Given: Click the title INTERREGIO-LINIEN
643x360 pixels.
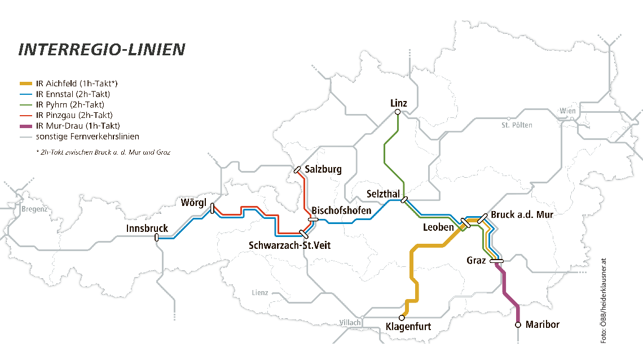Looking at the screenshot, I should (x=102, y=50).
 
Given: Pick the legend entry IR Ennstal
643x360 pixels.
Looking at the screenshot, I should (x=73, y=94).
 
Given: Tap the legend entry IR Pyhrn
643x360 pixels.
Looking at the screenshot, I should (x=70, y=105).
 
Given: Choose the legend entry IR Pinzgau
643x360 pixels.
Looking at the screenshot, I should (x=73, y=115).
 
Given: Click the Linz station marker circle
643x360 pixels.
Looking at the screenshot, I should (x=398, y=112).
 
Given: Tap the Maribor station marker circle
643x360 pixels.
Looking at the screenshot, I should (x=518, y=324).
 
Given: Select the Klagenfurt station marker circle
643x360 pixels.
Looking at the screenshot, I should (x=402, y=318).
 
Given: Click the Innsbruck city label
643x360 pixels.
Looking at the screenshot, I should (x=147, y=229).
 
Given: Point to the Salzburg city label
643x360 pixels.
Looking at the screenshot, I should (x=323, y=169).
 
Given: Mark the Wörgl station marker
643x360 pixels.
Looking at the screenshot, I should (x=212, y=209).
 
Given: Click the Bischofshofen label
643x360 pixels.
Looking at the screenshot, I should (x=341, y=210).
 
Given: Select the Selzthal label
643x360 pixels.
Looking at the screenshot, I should (x=383, y=194).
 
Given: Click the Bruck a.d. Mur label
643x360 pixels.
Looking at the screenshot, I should (x=522, y=215).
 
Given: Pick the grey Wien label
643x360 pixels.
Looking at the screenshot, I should (x=568, y=111).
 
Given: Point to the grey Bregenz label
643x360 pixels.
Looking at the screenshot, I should (x=35, y=209).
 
